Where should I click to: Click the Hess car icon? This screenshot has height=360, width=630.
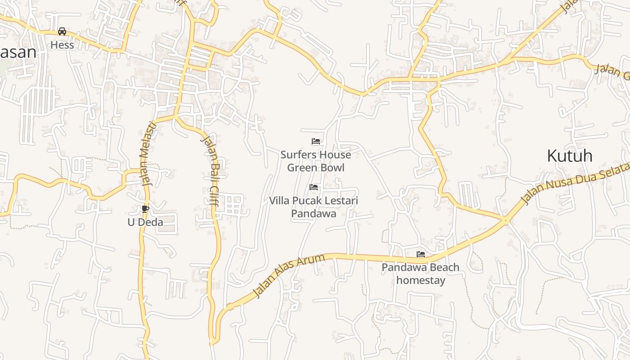pyautogui.click(x=62, y=31)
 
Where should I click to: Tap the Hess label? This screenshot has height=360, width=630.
pyautogui.click(x=62, y=45)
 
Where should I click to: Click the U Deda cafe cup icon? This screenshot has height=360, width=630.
pyautogui.click(x=145, y=209)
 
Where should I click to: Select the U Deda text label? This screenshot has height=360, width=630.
pyautogui.click(x=145, y=222)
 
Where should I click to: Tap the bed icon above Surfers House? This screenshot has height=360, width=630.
pyautogui.click(x=316, y=141)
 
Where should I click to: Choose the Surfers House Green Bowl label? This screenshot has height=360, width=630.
pyautogui.click(x=316, y=161)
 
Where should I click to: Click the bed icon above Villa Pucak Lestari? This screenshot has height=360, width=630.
pyautogui.click(x=314, y=187)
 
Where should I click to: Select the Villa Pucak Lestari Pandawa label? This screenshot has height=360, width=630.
pyautogui.click(x=314, y=207)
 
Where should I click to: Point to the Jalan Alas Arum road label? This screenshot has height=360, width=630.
pyautogui.click(x=288, y=275)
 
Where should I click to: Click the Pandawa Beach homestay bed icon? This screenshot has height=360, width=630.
pyautogui.click(x=421, y=254)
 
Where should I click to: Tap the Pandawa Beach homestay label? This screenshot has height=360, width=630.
pyautogui.click(x=421, y=274)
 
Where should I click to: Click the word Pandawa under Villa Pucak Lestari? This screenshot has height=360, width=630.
pyautogui.click(x=314, y=214)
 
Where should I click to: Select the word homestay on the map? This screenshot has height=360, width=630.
pyautogui.click(x=421, y=280)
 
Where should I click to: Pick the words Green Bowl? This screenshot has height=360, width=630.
pyautogui.click(x=316, y=168)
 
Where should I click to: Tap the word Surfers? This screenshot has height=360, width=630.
pyautogui.click(x=297, y=155)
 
